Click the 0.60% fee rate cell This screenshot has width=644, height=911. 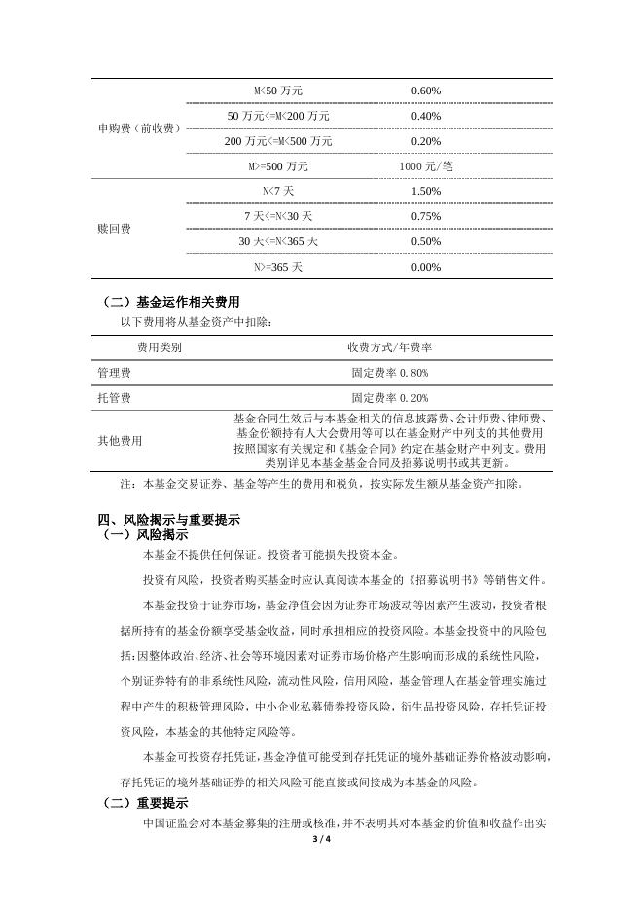coord(426,91)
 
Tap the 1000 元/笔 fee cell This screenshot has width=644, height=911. coord(426,166)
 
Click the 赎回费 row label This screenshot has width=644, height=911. coord(115,230)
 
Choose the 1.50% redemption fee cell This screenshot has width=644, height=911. coord(426,191)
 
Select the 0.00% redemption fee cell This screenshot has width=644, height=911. coord(426,267)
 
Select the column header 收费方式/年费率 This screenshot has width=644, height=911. coord(389,346)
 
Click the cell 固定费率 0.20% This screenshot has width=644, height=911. coord(389,398)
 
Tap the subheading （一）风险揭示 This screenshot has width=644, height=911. coord(145,534)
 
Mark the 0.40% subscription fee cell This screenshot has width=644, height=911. coord(426,116)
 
